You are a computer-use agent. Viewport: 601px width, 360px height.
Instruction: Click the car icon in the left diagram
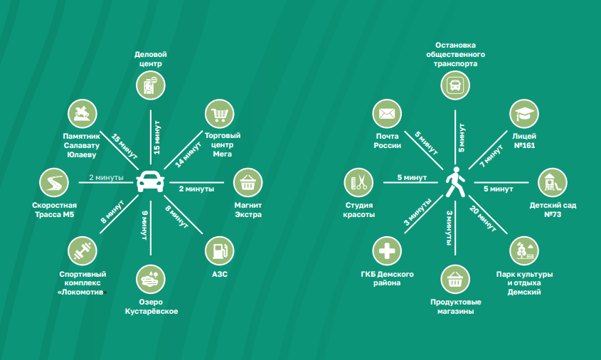coord(150,181)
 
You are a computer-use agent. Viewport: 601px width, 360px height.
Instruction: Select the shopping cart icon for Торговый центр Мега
coord(220,114)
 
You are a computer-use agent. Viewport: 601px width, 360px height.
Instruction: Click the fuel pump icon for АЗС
coord(220,250)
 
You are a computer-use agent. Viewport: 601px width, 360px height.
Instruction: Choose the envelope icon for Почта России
coord(387,114)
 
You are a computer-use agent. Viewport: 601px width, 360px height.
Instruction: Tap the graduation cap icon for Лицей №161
coord(523,114)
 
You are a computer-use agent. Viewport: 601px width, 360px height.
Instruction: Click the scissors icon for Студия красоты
coord(359,182)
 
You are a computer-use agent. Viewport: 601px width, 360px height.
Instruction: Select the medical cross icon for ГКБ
coord(387,250)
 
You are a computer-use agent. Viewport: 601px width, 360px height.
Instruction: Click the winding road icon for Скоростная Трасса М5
coord(53,183)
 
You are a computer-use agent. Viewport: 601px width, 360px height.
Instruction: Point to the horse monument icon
coord(83,114)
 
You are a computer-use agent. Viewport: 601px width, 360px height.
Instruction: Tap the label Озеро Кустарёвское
coord(151,306)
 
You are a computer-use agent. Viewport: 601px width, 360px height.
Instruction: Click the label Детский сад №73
coord(552,210)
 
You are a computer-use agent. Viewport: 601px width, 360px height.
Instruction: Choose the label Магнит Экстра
coord(248,210)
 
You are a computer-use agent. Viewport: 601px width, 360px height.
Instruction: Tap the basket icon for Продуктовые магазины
coord(454,279)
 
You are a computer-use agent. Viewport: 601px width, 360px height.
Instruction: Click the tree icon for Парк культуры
coord(523,250)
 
